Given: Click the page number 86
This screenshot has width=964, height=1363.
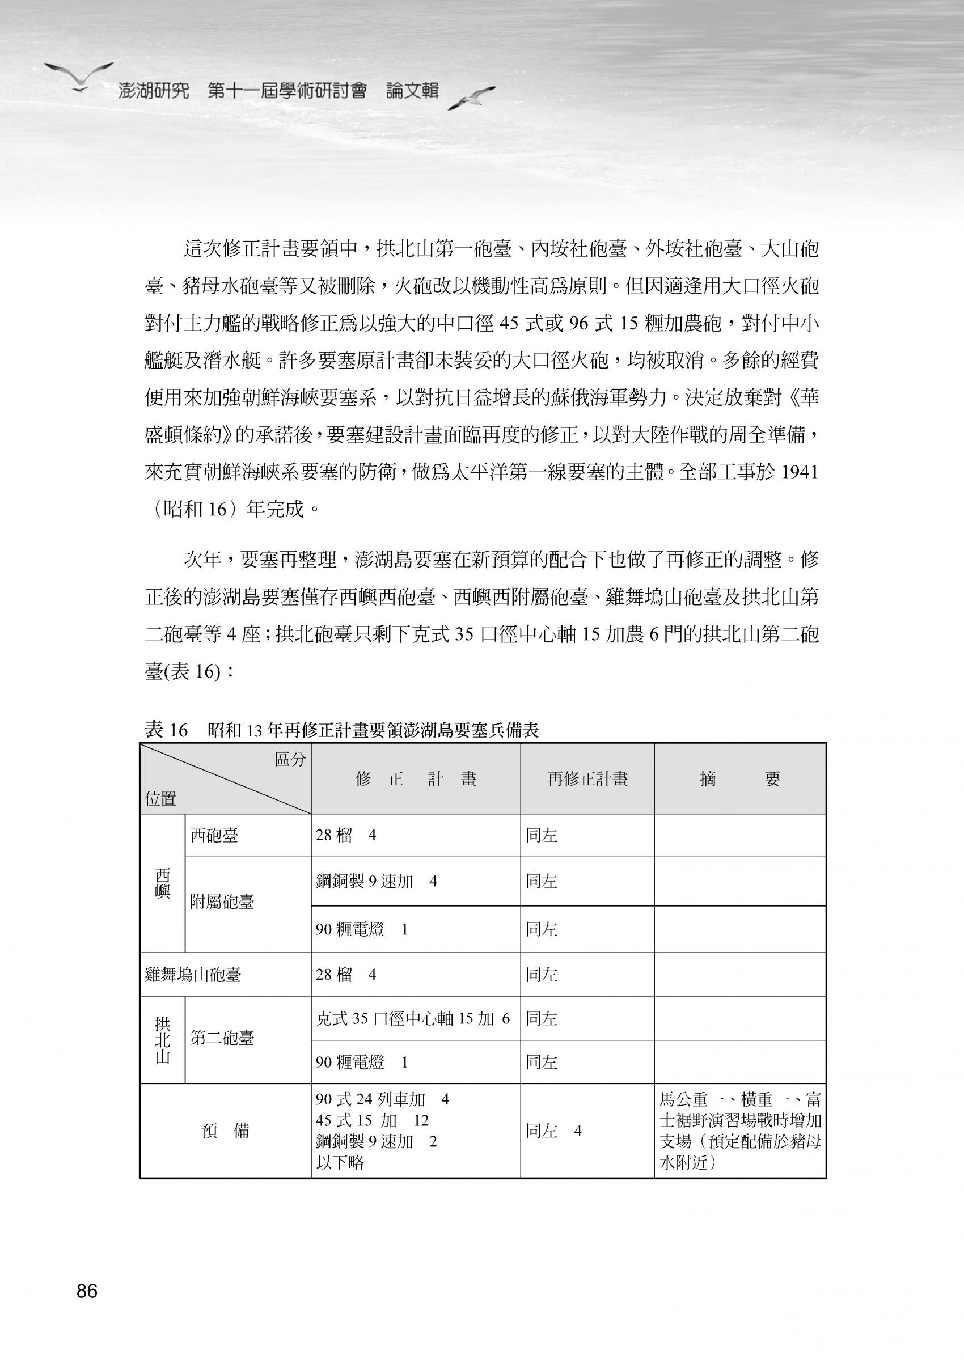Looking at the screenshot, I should coord(87,1290).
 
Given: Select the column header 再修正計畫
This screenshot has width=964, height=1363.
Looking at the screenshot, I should coord(587,780).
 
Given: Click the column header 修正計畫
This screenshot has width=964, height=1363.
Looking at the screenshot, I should coord(416,780).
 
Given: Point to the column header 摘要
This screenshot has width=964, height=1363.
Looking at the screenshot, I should coord(739,780).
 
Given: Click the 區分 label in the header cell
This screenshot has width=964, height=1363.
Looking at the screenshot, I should coord(290,760).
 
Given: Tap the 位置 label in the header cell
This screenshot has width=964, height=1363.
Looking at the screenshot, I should coord(160,799).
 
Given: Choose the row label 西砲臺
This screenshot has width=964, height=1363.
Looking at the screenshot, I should coord(214,835).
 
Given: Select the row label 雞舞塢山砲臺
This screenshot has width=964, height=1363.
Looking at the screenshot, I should coord(193,975).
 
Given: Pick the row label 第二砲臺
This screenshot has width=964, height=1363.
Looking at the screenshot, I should coord(222,1038).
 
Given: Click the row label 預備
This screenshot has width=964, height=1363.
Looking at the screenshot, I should coord(226,1131).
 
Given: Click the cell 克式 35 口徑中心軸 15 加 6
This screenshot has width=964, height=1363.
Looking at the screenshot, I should coord(413,1019).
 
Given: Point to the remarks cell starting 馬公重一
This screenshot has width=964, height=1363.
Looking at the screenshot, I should coord(739,1131).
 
